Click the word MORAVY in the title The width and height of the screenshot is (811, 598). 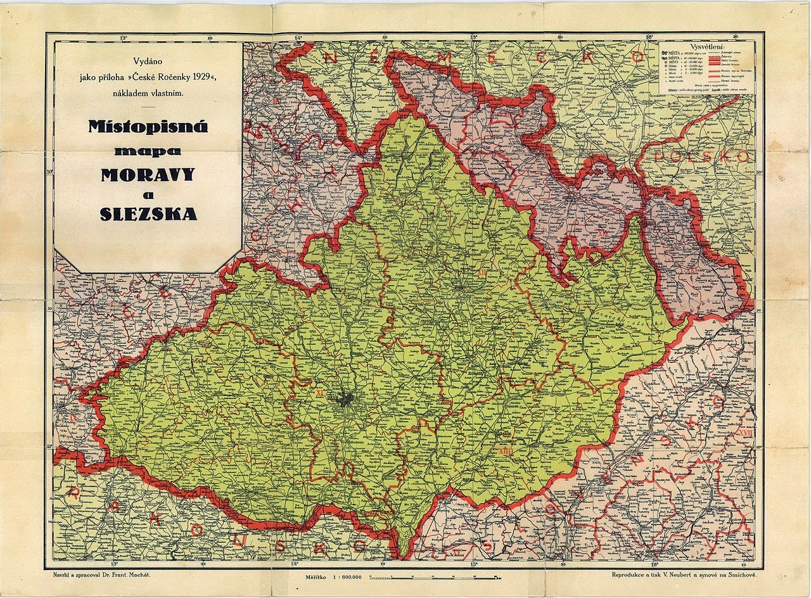coord(148,174)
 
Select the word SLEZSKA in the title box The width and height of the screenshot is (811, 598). coord(148,214)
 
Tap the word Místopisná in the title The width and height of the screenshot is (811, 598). coord(148,127)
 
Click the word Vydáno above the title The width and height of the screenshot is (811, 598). coord(148,61)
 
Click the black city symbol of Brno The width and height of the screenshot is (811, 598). coord(346,400)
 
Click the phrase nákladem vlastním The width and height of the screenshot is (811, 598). coord(148,93)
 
